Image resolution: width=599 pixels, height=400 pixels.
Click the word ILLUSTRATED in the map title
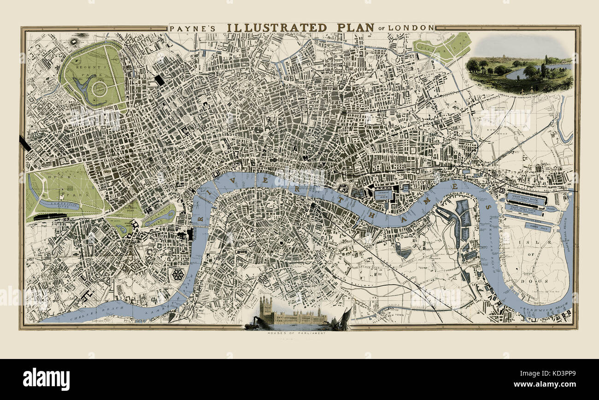coord(277,28)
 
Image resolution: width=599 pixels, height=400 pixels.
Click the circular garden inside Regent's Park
coord(99,88)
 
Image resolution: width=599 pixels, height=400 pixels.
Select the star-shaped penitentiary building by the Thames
coord(177,275)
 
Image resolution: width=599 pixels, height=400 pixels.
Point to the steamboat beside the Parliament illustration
coord(251,324)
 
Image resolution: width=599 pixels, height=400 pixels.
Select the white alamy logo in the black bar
coord(46,379)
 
